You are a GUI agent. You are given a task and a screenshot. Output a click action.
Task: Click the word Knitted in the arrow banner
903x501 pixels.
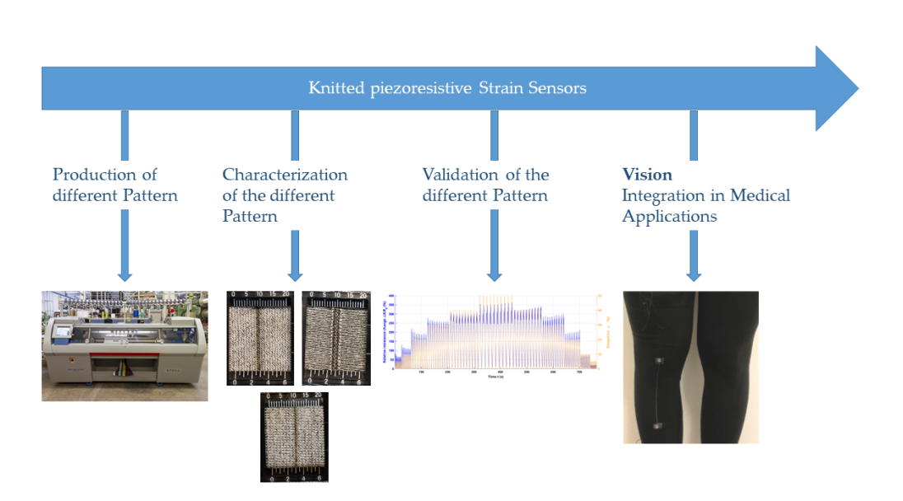[334, 88]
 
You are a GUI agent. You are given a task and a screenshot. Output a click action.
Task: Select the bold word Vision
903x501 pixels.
[647, 175]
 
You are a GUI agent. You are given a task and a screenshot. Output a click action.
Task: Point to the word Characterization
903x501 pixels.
[284, 175]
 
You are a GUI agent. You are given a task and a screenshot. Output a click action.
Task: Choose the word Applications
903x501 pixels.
[669, 217]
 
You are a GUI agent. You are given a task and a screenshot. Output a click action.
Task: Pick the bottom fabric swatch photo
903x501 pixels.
[294, 437]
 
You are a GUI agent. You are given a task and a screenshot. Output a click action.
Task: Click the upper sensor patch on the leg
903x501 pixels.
[658, 361]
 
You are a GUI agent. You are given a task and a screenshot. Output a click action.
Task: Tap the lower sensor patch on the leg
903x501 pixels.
[657, 425]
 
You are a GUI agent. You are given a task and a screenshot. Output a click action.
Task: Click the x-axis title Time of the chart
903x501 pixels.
[495, 377]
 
